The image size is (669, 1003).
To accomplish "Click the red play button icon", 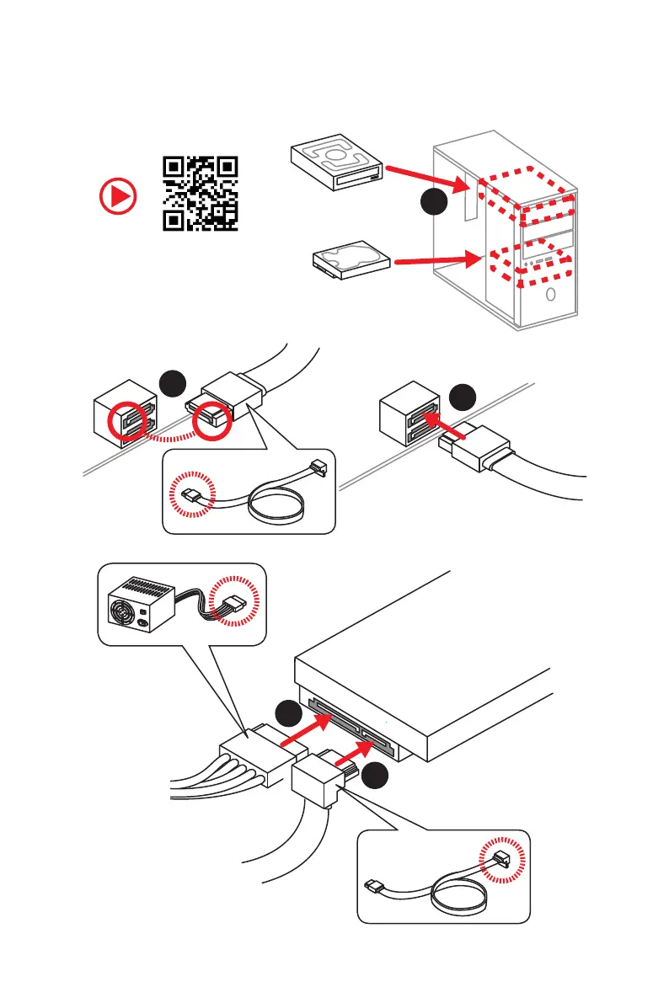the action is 117,197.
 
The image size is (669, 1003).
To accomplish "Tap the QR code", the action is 200,194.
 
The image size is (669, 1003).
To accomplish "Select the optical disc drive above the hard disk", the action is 335,164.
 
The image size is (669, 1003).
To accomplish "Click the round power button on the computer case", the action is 549,296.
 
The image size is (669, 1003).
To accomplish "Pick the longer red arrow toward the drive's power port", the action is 302,731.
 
